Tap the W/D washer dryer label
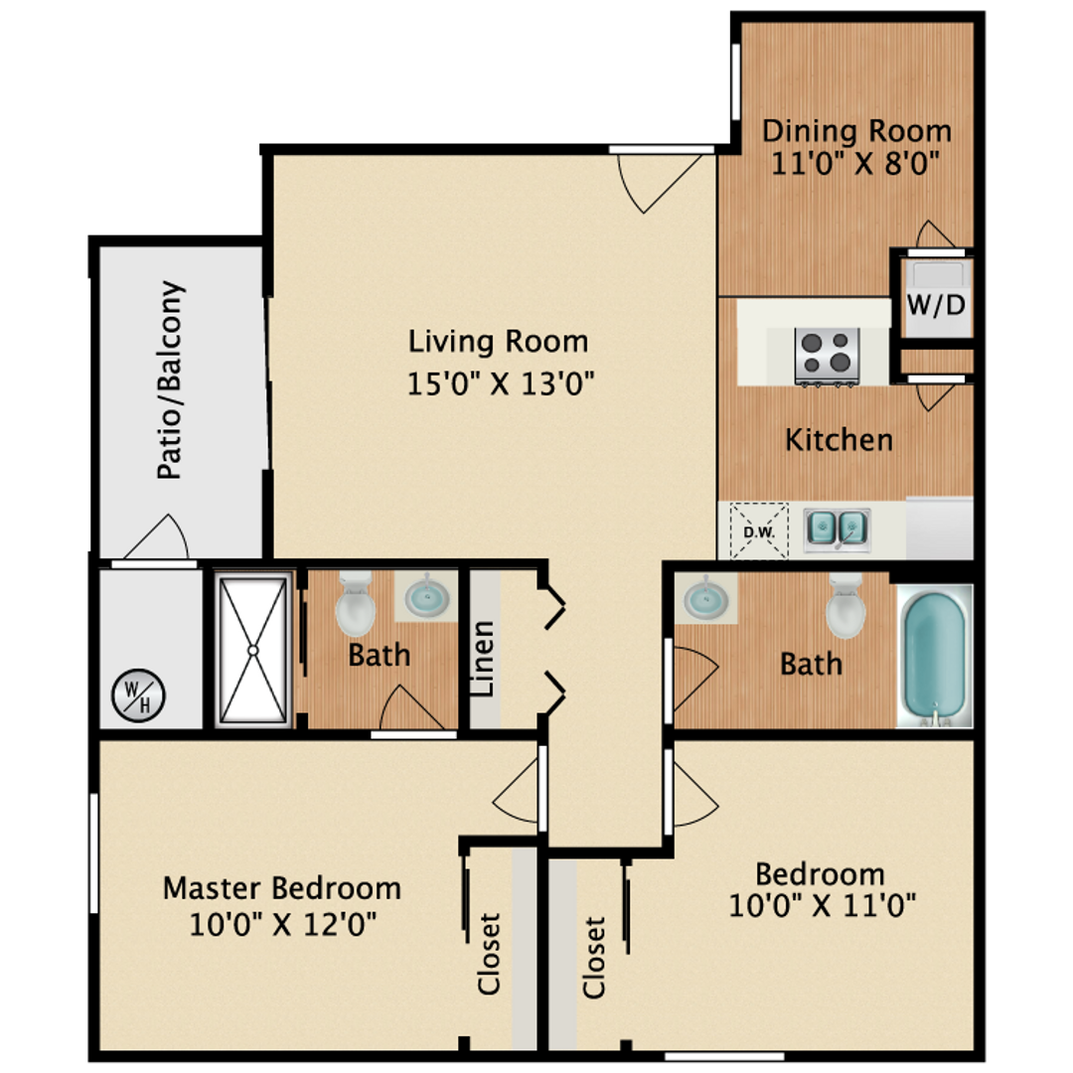coord(935,305)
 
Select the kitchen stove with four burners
coord(827,356)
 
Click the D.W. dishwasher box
coord(759,532)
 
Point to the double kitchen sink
coord(837,530)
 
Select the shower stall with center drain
coord(252,650)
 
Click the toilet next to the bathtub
coord(845,605)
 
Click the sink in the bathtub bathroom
coord(705,599)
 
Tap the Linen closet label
coord(484,658)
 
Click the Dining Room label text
coord(855,131)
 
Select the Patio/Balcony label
coord(171,381)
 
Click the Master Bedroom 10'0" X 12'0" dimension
coord(282,925)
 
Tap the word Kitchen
coord(839,439)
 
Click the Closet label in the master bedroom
coord(489,954)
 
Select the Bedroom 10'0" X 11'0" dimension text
coord(821,906)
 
